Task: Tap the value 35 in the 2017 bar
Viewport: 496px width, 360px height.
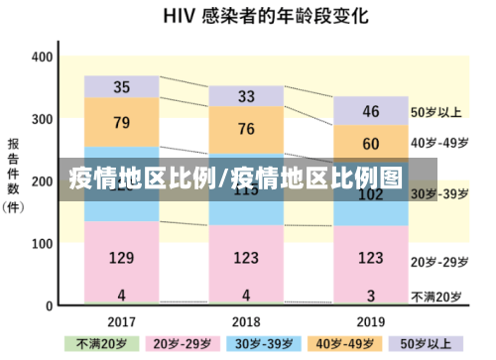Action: (x=121, y=87)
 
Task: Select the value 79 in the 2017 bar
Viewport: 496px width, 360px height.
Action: (x=121, y=123)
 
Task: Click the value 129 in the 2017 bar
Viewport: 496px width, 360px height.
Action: (x=121, y=259)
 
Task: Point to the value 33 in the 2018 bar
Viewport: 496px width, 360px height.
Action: (x=246, y=96)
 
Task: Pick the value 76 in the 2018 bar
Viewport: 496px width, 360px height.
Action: (x=246, y=129)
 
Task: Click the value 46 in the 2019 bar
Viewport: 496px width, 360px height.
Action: (x=370, y=110)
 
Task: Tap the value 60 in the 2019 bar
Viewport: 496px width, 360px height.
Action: (x=370, y=144)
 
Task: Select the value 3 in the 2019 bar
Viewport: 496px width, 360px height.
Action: (x=370, y=296)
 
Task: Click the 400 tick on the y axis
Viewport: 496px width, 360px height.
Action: (x=41, y=57)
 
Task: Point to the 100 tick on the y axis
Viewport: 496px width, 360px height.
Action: (x=41, y=243)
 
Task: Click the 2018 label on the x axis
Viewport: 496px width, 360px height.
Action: (x=246, y=321)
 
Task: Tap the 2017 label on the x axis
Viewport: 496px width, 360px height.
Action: (x=121, y=321)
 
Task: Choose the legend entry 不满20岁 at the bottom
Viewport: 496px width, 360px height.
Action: (x=101, y=344)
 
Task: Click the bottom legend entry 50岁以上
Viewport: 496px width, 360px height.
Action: (x=414, y=344)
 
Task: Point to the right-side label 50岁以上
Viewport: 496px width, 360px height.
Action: (x=437, y=112)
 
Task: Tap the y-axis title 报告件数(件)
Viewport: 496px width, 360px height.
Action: (x=15, y=175)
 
